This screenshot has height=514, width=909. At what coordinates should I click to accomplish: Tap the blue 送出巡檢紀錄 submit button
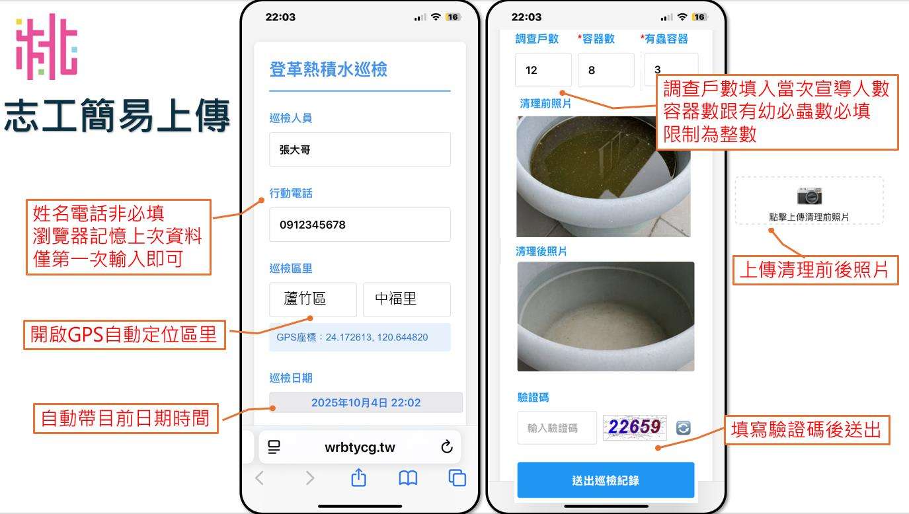606,480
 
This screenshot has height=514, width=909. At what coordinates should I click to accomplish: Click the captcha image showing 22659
635,427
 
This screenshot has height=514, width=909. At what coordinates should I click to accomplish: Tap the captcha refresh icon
684,427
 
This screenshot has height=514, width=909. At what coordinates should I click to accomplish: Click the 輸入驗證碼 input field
557,428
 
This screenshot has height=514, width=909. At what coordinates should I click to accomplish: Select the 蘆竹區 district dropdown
313,299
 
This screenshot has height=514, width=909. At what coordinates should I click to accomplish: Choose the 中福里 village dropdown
407,299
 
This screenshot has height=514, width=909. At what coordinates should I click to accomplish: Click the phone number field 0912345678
360,225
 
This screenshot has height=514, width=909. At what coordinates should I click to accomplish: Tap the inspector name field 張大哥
360,150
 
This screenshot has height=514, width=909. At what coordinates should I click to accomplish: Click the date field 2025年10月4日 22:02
366,402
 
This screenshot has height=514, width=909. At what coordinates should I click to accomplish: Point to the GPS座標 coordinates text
352,337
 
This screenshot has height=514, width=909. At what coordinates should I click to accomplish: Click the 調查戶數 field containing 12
543,70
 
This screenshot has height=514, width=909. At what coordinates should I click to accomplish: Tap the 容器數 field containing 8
606,70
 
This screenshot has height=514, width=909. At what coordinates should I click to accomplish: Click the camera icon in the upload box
810,196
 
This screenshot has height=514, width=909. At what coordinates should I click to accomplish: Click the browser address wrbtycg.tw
360,447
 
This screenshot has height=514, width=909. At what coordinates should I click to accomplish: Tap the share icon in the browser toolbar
359,477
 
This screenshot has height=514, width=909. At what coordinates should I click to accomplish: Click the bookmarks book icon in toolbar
408,478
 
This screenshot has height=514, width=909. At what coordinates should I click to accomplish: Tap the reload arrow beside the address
447,447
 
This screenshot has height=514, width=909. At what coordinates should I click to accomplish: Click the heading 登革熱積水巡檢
329,69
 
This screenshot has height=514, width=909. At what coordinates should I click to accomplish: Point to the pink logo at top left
46,47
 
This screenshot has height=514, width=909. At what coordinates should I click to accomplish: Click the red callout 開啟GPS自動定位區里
124,335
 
